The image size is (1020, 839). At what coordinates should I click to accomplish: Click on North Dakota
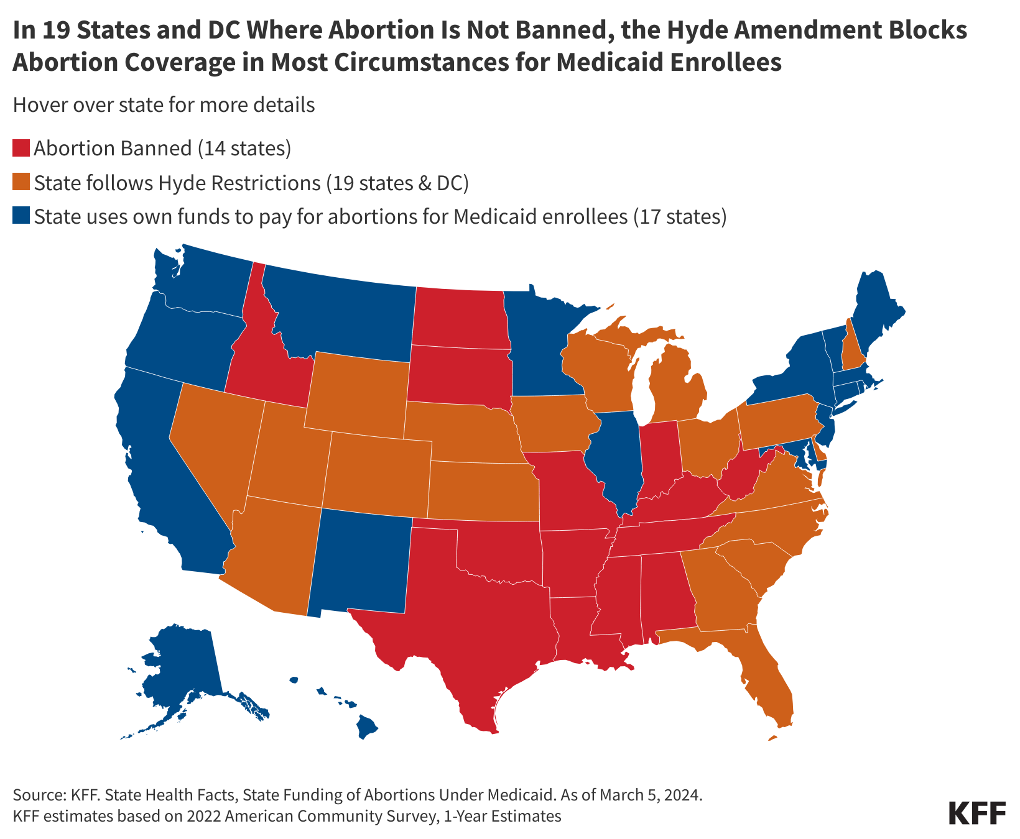[x=460, y=317]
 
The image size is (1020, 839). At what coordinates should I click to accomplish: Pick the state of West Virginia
[x=743, y=475]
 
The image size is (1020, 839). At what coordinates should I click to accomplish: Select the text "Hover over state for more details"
[x=164, y=105]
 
